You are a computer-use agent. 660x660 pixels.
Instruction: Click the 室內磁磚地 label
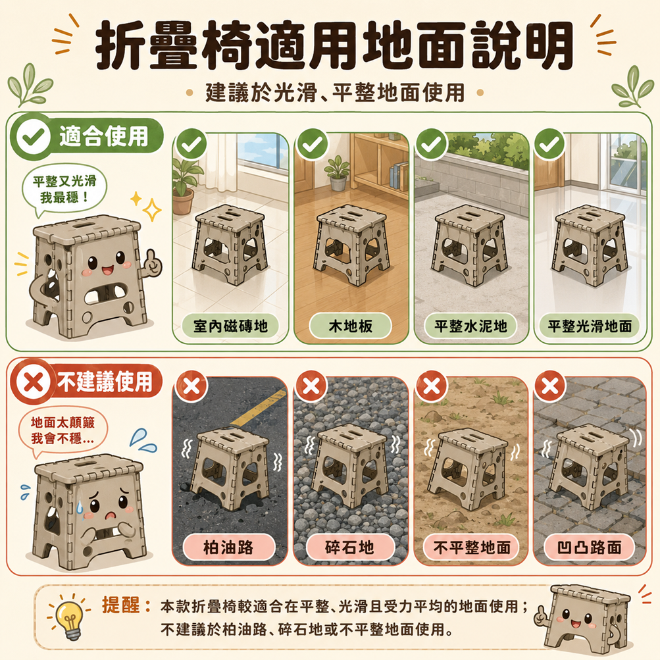coord(230,326)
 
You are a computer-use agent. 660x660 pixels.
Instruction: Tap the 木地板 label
coord(350,326)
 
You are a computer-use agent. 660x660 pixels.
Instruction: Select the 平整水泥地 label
coord(470,326)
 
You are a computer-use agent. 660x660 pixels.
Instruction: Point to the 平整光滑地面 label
coord(590,326)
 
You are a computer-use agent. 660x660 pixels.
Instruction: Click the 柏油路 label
coord(228,547)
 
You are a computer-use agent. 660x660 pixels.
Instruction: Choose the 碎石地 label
coord(350,547)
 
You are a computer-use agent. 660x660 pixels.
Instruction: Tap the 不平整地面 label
coord(471,547)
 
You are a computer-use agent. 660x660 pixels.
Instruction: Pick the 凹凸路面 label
coord(590,547)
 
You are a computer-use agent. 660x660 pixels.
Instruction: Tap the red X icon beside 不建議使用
coord(34,383)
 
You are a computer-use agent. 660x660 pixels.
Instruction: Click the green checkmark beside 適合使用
coord(34,136)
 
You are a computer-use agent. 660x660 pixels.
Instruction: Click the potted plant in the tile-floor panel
coord(184,184)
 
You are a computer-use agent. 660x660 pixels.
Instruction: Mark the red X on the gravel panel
coord(311,386)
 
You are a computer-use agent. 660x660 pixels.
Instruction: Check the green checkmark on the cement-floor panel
coord(431,144)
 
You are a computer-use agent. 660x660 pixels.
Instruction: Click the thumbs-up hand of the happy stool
coord(151,262)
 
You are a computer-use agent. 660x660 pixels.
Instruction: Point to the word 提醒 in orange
coord(121,605)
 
